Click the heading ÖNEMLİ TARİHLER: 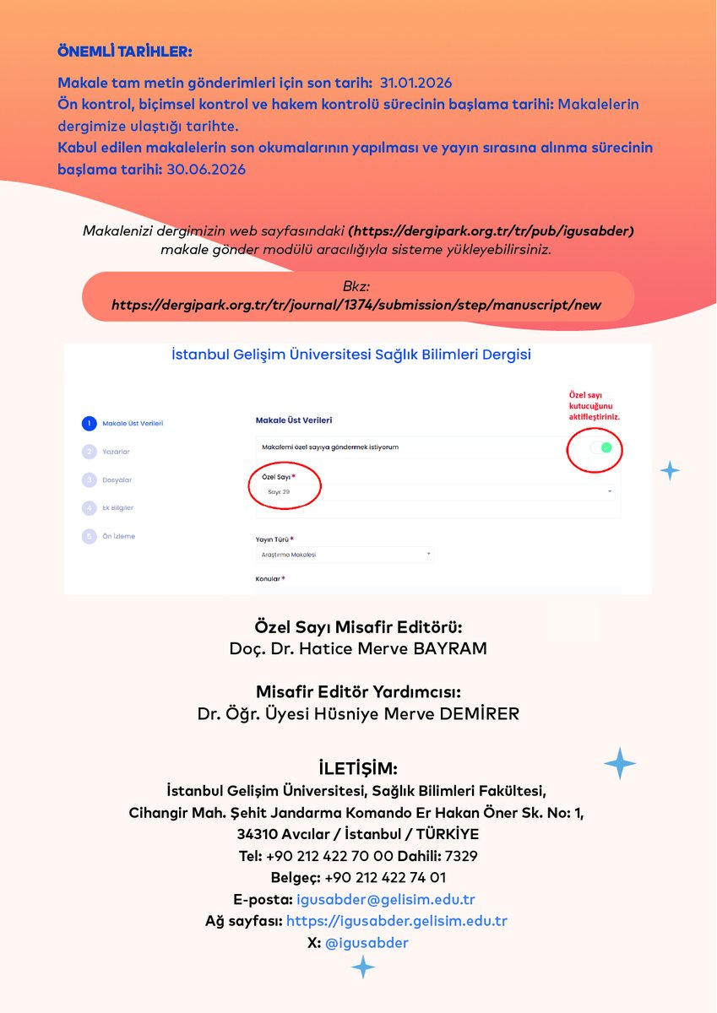pyautogui.click(x=125, y=51)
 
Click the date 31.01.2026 pyautogui.click(x=416, y=83)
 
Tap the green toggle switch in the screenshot pyautogui.click(x=600, y=447)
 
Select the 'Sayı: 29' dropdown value pyautogui.click(x=274, y=491)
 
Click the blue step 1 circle pyautogui.click(x=90, y=423)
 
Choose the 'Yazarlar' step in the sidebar pyautogui.click(x=116, y=452)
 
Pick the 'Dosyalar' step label pyautogui.click(x=117, y=479)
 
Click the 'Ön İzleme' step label pyautogui.click(x=118, y=536)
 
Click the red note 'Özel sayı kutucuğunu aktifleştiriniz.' pyautogui.click(x=595, y=405)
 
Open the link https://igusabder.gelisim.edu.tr pyautogui.click(x=397, y=921)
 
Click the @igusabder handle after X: pyautogui.click(x=367, y=943)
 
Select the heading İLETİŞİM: pyautogui.click(x=358, y=768)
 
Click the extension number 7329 pyautogui.click(x=459, y=856)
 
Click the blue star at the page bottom pyautogui.click(x=363, y=967)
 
